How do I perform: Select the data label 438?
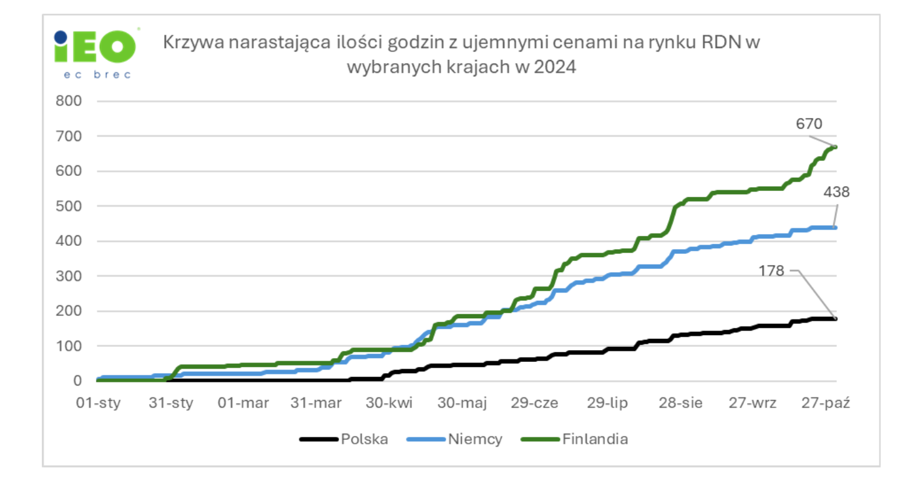click(x=837, y=192)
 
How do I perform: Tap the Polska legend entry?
click(x=364, y=439)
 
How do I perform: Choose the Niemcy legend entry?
click(x=475, y=439)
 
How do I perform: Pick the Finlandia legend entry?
click(x=595, y=439)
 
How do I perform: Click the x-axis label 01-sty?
click(x=99, y=403)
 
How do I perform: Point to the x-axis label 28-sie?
click(x=680, y=403)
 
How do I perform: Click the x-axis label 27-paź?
click(x=826, y=403)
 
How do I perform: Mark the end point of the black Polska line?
click(x=835, y=318)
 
